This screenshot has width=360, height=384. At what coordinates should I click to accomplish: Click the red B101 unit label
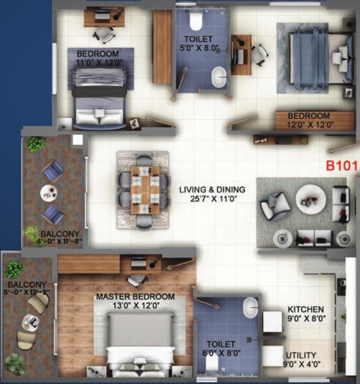[x=342, y=166]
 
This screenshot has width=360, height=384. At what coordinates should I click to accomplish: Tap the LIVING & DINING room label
[x=212, y=190]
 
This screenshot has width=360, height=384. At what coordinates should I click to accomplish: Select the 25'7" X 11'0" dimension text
[x=213, y=199]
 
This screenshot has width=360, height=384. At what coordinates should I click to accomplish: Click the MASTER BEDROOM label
[x=135, y=297]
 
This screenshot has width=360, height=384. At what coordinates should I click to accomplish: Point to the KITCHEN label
[x=306, y=309]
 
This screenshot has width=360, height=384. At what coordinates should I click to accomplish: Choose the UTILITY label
[x=301, y=355]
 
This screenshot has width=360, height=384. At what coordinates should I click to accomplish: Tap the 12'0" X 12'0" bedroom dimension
[x=310, y=125]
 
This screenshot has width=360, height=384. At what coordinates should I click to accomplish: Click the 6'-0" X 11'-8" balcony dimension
[x=59, y=241]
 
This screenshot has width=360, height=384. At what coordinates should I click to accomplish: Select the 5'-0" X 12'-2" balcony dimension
[x=27, y=292]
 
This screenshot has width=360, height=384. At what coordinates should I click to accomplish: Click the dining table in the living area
[x=145, y=190]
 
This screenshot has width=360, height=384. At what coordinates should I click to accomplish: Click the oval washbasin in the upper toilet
[x=219, y=77]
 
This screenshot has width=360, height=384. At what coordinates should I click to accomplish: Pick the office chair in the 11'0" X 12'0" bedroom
[x=104, y=35]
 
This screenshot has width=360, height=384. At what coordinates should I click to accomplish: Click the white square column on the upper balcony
[x=78, y=140]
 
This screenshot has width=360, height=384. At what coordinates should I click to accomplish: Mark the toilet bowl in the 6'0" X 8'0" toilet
[x=212, y=363]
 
